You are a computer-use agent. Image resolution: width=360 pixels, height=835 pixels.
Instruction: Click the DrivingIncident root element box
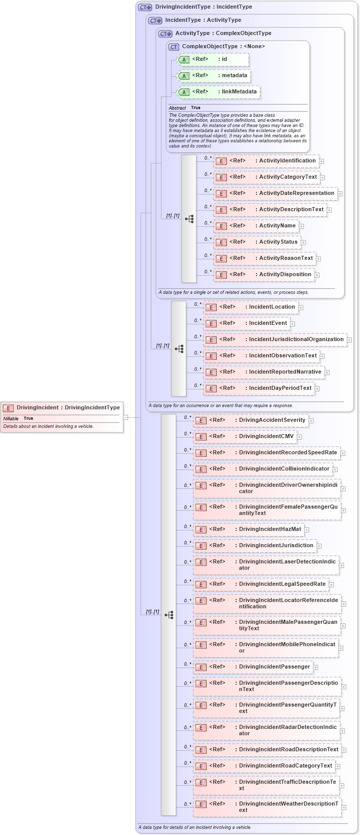coord(62,408)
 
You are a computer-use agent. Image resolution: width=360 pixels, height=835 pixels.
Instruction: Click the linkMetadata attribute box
coord(218,92)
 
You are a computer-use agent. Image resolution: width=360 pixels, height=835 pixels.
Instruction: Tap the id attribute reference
coord(213,59)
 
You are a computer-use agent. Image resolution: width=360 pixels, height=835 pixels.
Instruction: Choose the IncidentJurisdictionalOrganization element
coord(275,340)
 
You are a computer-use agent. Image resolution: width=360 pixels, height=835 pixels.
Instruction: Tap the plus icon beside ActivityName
coord(302,226)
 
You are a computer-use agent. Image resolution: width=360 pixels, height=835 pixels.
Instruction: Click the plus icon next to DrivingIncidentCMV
coord(300,437)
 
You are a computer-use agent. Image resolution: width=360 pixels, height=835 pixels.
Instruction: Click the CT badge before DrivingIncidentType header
coord(145,8)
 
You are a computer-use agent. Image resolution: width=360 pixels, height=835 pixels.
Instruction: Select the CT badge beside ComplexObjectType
coord(174,47)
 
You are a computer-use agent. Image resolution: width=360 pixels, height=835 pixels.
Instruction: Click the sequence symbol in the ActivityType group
coord(189,219)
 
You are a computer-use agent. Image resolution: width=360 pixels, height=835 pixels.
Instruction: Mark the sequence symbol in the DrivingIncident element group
coord(169,615)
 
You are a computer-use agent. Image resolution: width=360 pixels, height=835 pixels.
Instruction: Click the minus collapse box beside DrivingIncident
coord(126,418)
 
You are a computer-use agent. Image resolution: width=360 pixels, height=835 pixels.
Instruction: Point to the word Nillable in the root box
coord(11,419)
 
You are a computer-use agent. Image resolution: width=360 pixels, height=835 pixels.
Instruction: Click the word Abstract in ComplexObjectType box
coord(177,108)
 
